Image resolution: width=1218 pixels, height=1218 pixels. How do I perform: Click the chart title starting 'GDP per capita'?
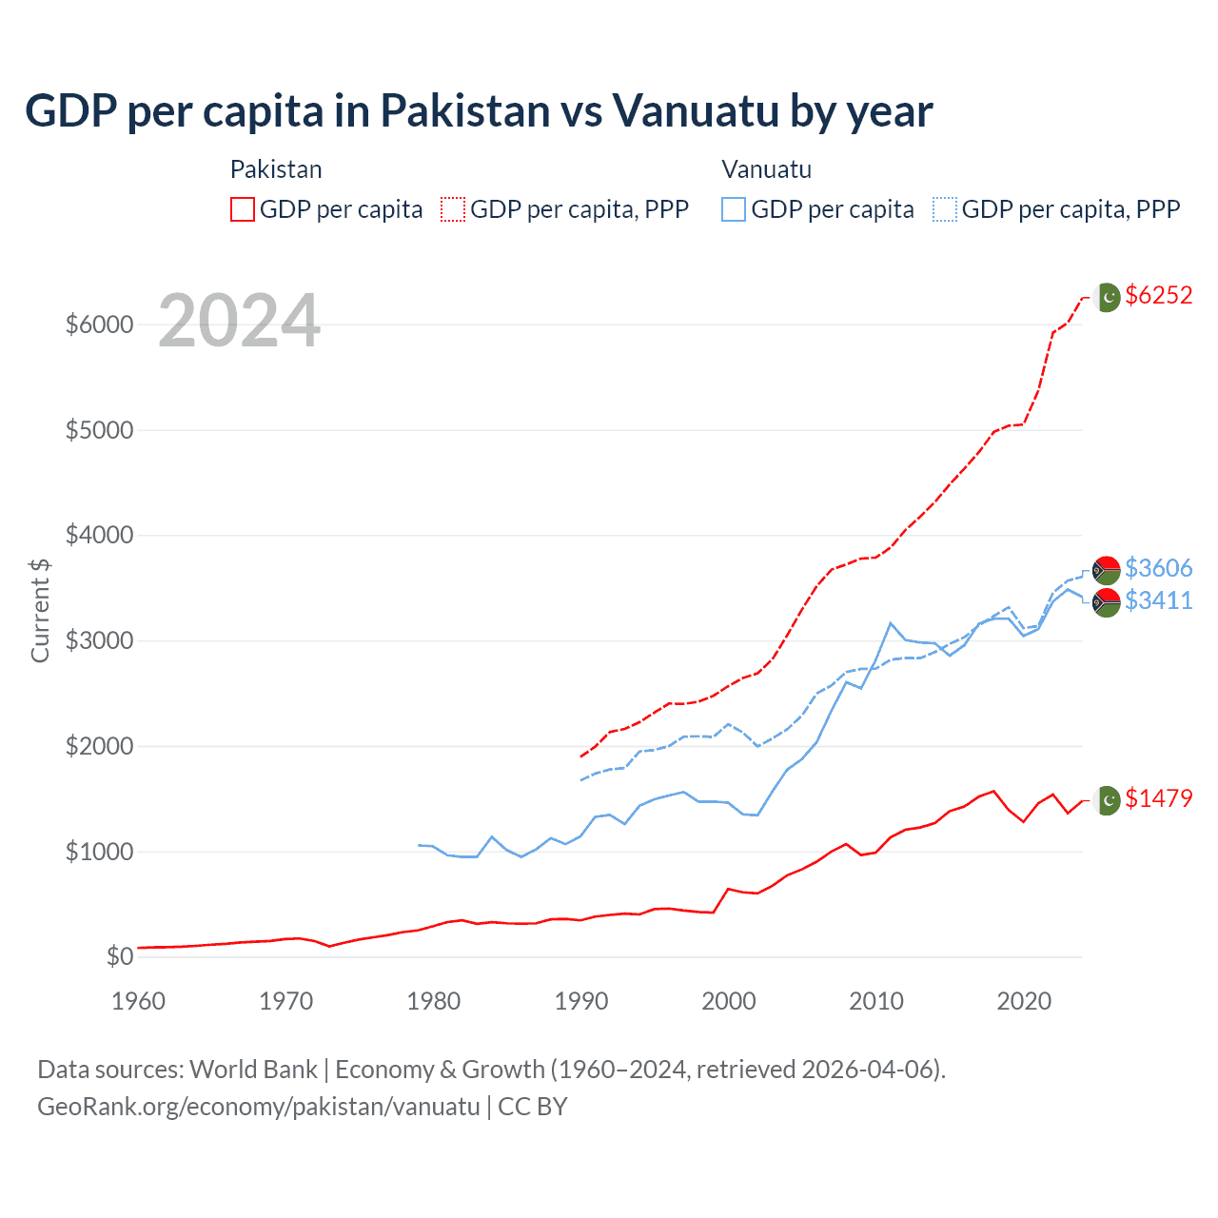pos(479,111)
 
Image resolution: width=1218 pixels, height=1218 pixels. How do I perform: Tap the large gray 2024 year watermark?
pos(239,322)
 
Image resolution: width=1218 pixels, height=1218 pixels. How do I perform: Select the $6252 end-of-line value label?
pos(1158,295)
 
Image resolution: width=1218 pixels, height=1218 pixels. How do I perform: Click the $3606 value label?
pos(1158,568)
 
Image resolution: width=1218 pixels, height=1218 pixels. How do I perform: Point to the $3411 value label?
pos(1158,600)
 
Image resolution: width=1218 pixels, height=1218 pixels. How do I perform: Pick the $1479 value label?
pos(1158,798)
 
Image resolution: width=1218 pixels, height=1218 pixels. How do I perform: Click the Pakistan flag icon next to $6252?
pos(1107,297)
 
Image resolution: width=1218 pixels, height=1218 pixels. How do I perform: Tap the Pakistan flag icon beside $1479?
pos(1107,800)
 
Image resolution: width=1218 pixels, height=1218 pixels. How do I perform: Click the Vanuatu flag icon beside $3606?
pos(1106,570)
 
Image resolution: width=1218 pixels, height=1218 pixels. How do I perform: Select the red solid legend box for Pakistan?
pos(243,209)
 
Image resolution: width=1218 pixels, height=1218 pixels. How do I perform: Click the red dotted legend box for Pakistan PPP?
pos(453,209)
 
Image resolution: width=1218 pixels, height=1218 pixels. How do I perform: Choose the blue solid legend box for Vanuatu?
pos(734,209)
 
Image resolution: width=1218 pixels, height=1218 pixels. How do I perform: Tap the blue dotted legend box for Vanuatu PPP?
pos(945,209)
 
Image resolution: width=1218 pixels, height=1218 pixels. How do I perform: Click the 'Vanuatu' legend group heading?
pos(766,169)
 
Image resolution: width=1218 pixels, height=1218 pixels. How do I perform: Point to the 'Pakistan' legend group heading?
pos(276,169)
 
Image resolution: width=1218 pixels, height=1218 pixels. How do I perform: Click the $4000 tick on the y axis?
pos(99,536)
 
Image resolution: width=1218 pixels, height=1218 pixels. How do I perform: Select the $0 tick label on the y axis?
pos(119,956)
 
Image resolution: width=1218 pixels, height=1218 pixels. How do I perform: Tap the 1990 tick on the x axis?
pos(581,1001)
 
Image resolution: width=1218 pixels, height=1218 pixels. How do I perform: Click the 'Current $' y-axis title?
pos(40,611)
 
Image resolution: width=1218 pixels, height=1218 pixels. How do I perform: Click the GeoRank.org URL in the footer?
pos(259,1107)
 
